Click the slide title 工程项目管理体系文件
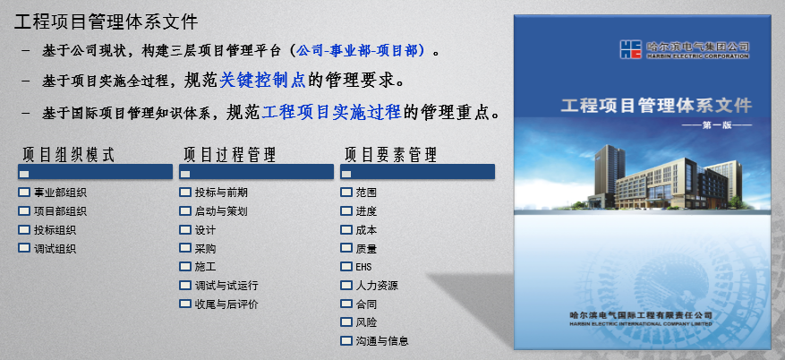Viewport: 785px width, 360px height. click(x=107, y=22)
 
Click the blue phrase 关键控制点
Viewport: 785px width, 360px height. click(x=262, y=80)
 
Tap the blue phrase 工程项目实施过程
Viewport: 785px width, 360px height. click(x=331, y=112)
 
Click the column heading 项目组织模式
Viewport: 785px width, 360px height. click(x=69, y=155)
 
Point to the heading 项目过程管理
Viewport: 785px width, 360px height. click(x=230, y=155)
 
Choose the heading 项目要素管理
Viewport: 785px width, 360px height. click(x=391, y=155)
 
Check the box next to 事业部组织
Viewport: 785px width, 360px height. click(x=24, y=193)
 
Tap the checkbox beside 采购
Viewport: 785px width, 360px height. click(x=185, y=248)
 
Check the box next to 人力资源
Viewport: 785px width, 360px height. click(x=346, y=286)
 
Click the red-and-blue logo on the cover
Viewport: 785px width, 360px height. click(x=630, y=49)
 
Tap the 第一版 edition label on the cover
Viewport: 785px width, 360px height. click(x=716, y=125)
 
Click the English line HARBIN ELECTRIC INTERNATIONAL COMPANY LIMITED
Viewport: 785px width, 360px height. click(x=640, y=324)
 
